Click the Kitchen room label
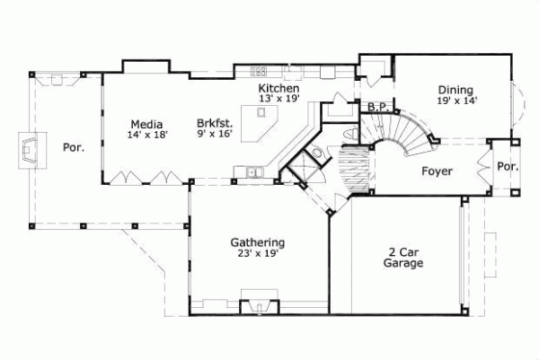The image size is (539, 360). [x=278, y=88]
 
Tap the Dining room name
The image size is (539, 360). [x=456, y=90]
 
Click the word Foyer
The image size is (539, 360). [x=436, y=171]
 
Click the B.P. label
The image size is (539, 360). [x=377, y=107]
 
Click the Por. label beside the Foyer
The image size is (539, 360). [x=507, y=166]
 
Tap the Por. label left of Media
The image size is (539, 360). [x=73, y=147]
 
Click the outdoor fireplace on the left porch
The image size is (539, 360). [x=32, y=149]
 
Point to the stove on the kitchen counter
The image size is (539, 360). [x=260, y=70]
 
